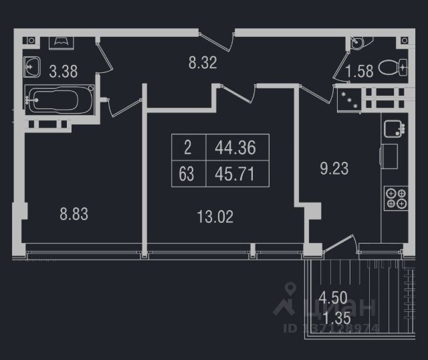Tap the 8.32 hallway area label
click(x=202, y=64)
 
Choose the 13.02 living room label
click(x=215, y=216)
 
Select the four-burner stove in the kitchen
click(x=395, y=197)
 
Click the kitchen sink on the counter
click(x=395, y=128)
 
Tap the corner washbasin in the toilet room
click(x=360, y=43)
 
